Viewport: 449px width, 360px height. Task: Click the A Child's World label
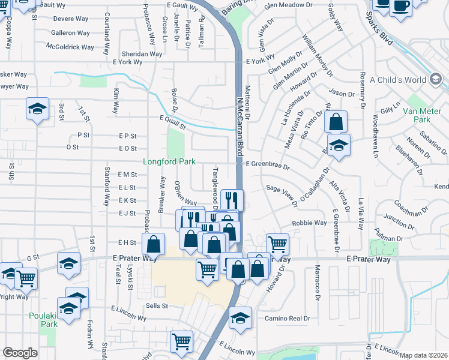tap(397, 80)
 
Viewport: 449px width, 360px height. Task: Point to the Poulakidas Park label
tap(43, 320)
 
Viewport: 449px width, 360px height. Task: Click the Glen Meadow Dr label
tap(288, 5)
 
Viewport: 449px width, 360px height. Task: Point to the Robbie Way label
tap(309, 223)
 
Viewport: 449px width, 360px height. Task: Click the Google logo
tap(20, 353)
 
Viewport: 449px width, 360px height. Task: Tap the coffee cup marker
tap(401, 6)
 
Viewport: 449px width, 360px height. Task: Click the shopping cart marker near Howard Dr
tap(277, 244)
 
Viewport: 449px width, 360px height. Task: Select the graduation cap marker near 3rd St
tap(37, 109)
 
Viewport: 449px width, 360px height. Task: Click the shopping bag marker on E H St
tap(154, 243)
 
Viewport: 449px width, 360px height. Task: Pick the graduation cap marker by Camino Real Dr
tap(240, 318)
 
